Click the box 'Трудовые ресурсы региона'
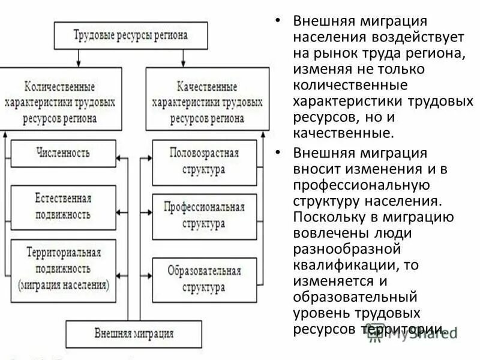(131, 35)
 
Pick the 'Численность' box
(63, 154)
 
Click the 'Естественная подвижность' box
(63, 207)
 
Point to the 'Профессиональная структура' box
(204, 216)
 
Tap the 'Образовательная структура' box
(204, 280)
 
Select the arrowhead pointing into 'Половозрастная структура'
(149, 158)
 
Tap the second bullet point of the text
(278, 152)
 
